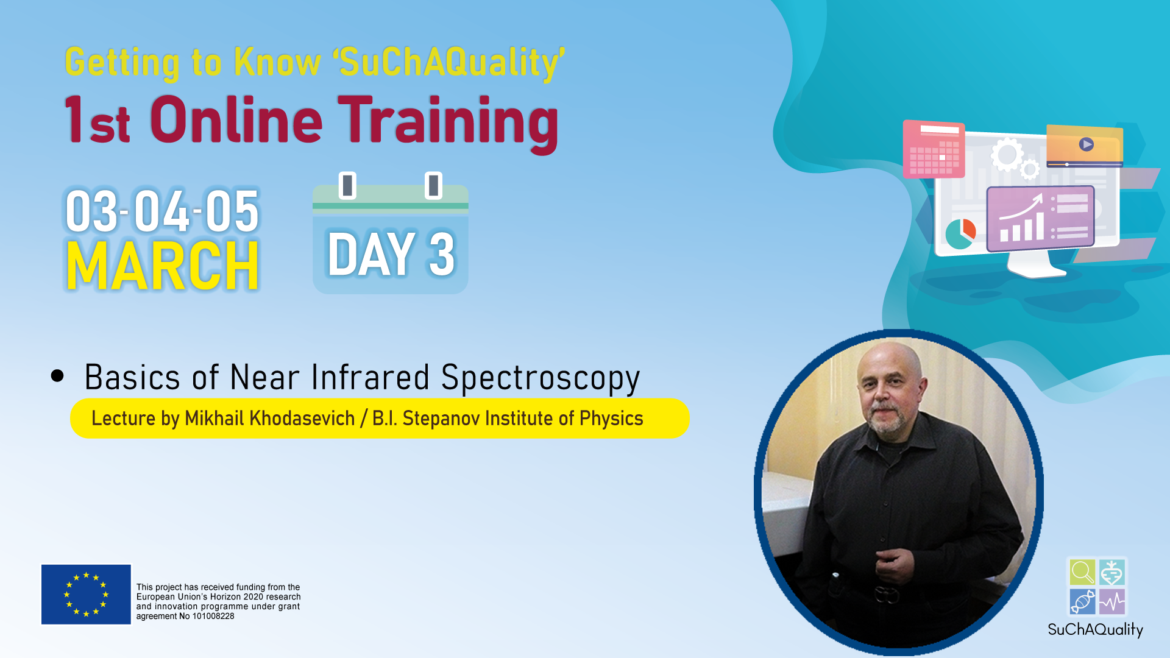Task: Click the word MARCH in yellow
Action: coord(163,266)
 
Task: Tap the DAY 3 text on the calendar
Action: coord(391,254)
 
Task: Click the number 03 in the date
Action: coord(91,211)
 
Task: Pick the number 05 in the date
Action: coord(232,211)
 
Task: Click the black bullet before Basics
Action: coord(57,375)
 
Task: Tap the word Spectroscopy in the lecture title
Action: coord(540,378)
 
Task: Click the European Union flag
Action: coord(86,594)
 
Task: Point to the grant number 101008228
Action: coord(213,616)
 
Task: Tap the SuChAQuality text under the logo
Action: coord(1095,629)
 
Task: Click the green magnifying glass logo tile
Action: coord(1082,573)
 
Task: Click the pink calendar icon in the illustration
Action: coord(934,149)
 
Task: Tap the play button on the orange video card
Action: coord(1087,144)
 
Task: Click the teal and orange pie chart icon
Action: coord(960,234)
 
